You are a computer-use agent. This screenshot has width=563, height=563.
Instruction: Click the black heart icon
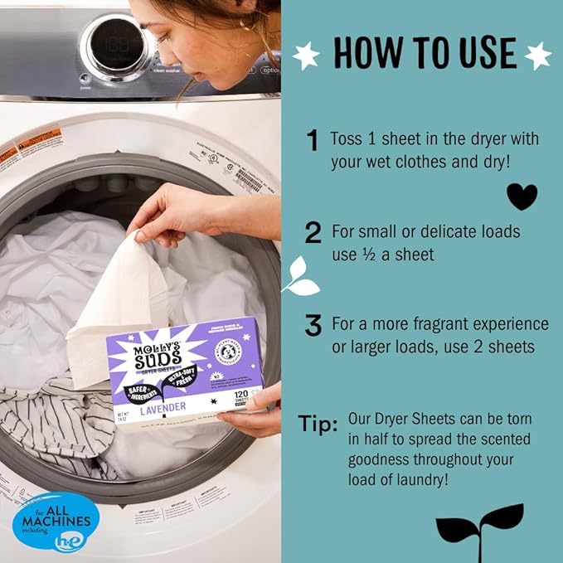522,197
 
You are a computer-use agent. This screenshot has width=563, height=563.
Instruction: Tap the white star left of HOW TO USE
306,56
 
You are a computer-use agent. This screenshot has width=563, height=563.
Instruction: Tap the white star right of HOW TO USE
537,56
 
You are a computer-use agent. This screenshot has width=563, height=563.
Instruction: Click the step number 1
313,142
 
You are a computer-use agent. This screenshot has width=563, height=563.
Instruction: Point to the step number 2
313,233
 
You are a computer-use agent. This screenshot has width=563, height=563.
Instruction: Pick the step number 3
313,326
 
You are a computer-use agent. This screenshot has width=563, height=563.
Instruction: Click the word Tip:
318,425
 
